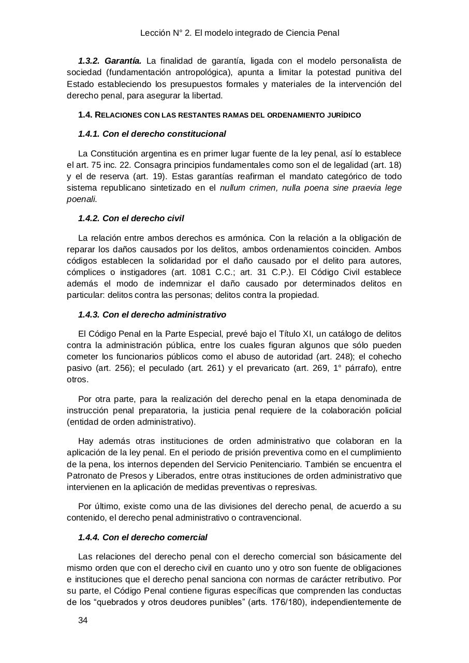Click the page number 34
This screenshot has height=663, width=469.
coord(83,621)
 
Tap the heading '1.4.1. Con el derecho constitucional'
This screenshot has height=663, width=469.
coord(152,134)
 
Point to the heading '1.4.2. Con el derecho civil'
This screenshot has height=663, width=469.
coord(131,219)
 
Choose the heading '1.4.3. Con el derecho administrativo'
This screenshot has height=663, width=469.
coord(152,314)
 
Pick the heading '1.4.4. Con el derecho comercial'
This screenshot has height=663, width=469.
coord(142,537)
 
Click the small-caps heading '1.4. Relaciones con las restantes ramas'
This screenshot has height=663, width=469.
coord(219,115)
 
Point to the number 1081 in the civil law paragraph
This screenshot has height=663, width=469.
coord(202,272)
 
